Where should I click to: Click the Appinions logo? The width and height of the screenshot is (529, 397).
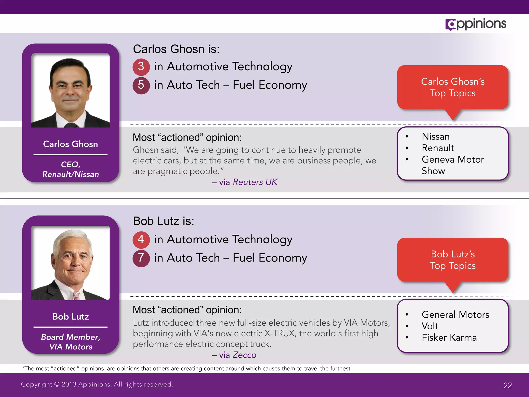click(476, 24)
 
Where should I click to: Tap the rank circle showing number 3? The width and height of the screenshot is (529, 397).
click(141, 67)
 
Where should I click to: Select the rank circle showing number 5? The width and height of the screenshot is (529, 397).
click(141, 85)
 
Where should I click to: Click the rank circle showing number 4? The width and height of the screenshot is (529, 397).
click(141, 239)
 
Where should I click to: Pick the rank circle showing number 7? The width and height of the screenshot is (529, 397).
click(141, 258)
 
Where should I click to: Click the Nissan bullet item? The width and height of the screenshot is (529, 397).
click(435, 136)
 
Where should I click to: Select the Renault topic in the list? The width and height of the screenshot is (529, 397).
click(438, 148)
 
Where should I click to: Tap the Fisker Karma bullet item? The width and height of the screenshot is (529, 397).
click(449, 338)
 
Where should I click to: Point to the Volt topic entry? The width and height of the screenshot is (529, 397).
click(430, 326)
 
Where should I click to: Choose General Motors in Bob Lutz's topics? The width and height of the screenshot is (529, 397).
click(455, 315)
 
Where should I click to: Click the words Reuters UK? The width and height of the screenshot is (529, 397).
click(255, 182)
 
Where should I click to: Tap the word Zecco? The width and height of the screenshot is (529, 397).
click(244, 355)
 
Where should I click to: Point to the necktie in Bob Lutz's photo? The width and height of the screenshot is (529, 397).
click(76, 295)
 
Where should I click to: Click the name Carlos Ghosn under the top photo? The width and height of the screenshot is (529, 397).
click(71, 144)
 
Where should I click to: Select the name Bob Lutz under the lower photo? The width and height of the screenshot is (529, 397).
click(71, 317)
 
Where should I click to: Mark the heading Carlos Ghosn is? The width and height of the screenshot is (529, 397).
click(176, 49)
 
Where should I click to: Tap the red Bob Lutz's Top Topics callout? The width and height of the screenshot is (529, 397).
click(453, 260)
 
